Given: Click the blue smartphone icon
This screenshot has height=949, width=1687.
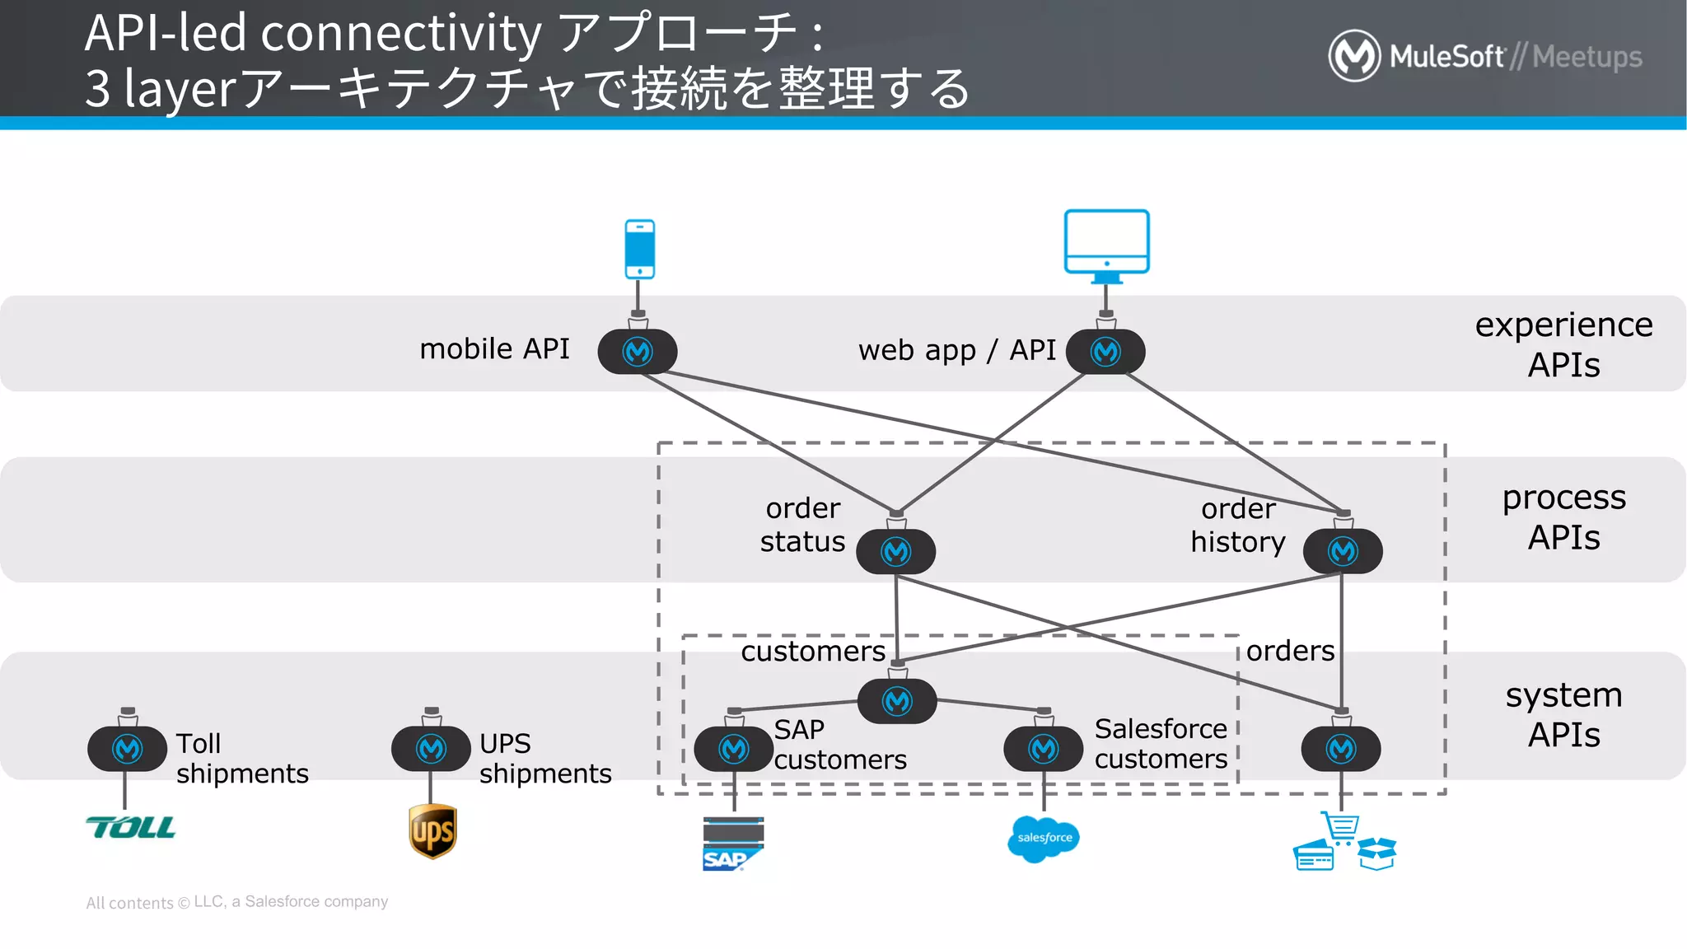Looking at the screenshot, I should (x=639, y=249).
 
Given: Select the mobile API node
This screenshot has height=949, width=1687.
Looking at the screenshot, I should (x=638, y=352).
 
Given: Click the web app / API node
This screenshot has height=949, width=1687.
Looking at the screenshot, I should (x=1105, y=352).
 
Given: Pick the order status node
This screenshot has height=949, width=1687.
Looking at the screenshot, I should (x=896, y=551).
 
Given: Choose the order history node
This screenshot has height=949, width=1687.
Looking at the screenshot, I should (x=1343, y=551).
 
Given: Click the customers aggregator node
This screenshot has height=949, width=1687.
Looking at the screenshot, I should (x=897, y=701).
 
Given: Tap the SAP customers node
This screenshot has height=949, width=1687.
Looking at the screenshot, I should (x=733, y=749).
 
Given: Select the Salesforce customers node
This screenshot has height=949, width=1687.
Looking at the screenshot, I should (x=1044, y=749).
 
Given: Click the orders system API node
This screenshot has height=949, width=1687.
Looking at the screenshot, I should (x=1341, y=749).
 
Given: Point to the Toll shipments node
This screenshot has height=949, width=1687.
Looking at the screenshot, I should (x=128, y=749).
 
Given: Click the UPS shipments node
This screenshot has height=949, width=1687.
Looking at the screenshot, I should (x=431, y=749).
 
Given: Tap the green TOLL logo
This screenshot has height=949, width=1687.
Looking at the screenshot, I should (x=131, y=827).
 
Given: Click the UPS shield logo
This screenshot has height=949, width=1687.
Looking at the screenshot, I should (x=432, y=831).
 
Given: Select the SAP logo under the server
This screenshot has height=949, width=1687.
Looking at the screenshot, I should (x=725, y=860).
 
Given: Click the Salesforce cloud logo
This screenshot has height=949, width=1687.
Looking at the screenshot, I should (x=1044, y=839).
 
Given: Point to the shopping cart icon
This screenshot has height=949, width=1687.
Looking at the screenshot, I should (x=1341, y=827).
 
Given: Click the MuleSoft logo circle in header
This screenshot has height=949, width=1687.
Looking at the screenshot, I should (x=1354, y=56).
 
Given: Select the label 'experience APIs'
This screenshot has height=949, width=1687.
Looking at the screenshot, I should (x=1563, y=344).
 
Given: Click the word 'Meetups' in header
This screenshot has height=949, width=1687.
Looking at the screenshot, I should (x=1587, y=57).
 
